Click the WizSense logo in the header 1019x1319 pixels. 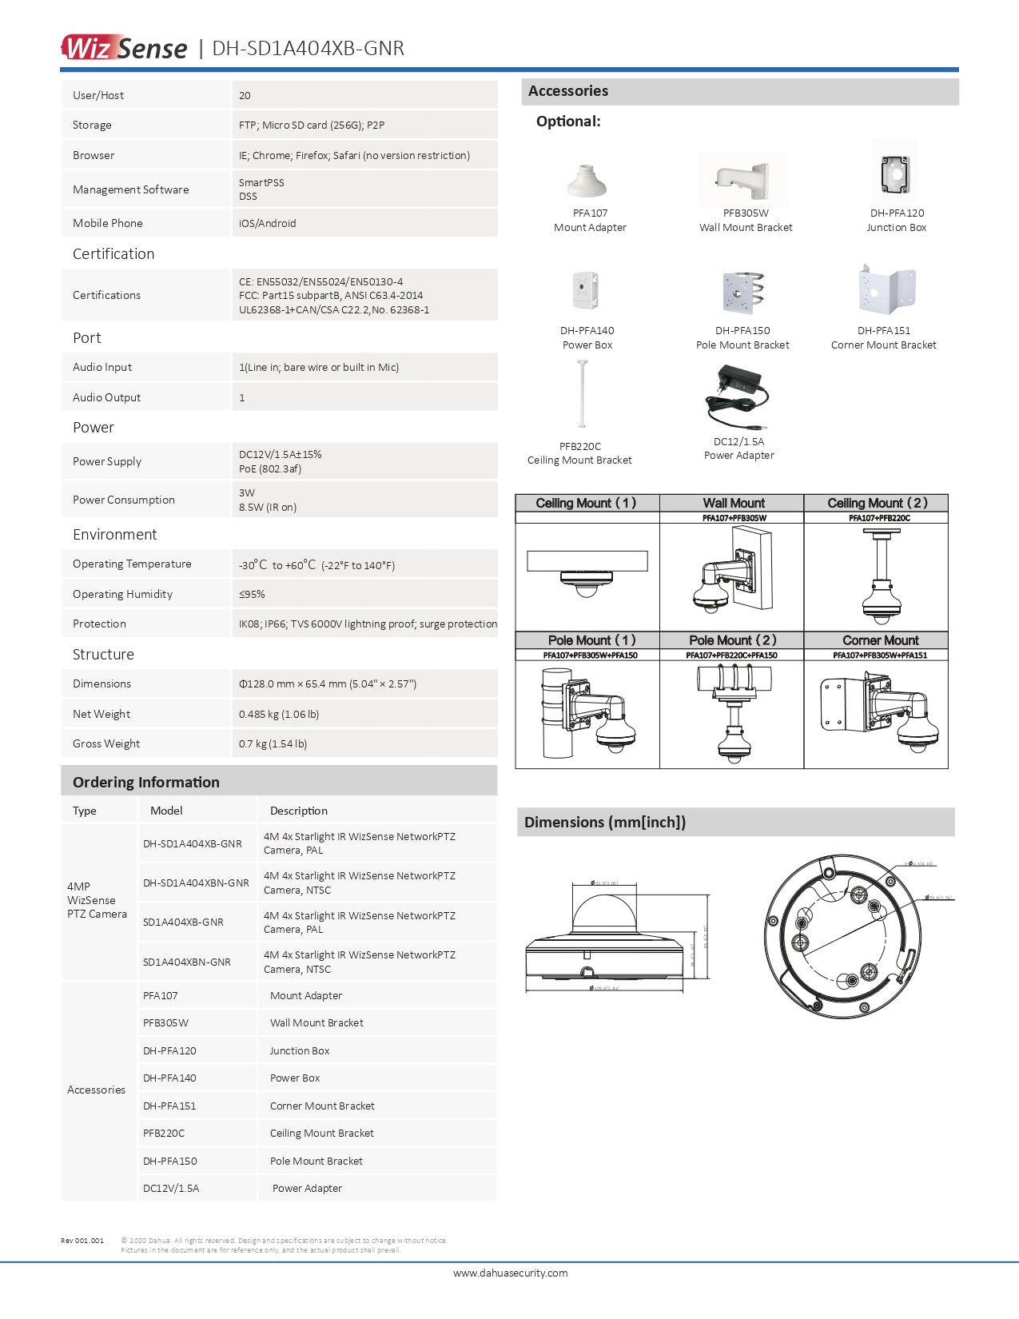(x=124, y=48)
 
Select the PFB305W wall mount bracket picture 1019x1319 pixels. (x=743, y=181)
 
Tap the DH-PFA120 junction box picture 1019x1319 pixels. (x=895, y=172)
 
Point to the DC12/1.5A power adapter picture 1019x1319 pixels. (x=737, y=397)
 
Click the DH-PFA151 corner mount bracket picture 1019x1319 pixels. (x=886, y=290)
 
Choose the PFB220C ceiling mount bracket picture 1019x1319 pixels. (x=581, y=396)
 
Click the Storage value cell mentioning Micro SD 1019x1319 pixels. (x=312, y=126)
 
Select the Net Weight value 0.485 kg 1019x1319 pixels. (x=279, y=715)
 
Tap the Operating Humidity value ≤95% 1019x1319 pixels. (x=252, y=595)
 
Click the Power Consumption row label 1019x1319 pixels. (x=124, y=500)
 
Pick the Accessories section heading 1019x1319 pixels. (x=568, y=91)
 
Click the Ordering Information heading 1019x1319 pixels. (x=146, y=783)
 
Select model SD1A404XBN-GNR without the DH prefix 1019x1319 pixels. (x=187, y=962)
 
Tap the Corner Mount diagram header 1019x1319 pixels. (x=880, y=640)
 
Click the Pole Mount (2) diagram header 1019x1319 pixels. (x=733, y=640)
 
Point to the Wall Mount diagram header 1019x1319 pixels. (x=734, y=503)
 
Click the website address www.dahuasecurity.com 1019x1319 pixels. (x=510, y=1273)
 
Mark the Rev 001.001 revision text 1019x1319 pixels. (x=82, y=1241)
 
